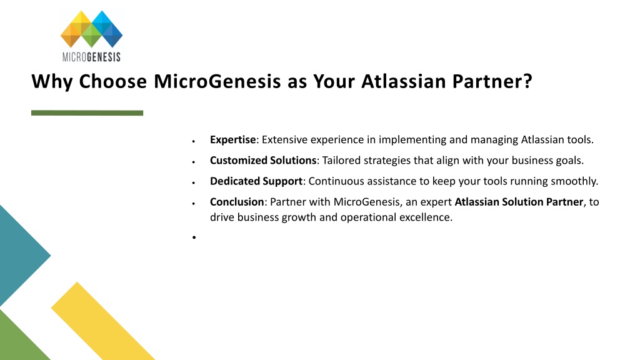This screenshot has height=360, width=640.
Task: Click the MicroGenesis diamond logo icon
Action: click(91, 29)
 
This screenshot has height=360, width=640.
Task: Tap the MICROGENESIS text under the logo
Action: click(91, 57)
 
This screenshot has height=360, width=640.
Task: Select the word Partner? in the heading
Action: click(492, 81)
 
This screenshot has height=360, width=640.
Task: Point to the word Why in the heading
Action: click(52, 82)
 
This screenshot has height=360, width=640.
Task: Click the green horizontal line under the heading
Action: click(87, 113)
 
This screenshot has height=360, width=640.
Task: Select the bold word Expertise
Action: click(232, 140)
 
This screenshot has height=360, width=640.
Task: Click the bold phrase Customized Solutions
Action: click(263, 161)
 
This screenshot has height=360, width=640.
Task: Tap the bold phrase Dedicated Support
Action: click(256, 181)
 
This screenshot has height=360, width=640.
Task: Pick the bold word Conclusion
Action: click(237, 202)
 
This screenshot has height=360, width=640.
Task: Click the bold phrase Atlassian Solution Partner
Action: click(519, 202)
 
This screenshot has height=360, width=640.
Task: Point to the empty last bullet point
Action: click(194, 237)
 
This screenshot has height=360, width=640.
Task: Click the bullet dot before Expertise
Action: click(194, 141)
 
